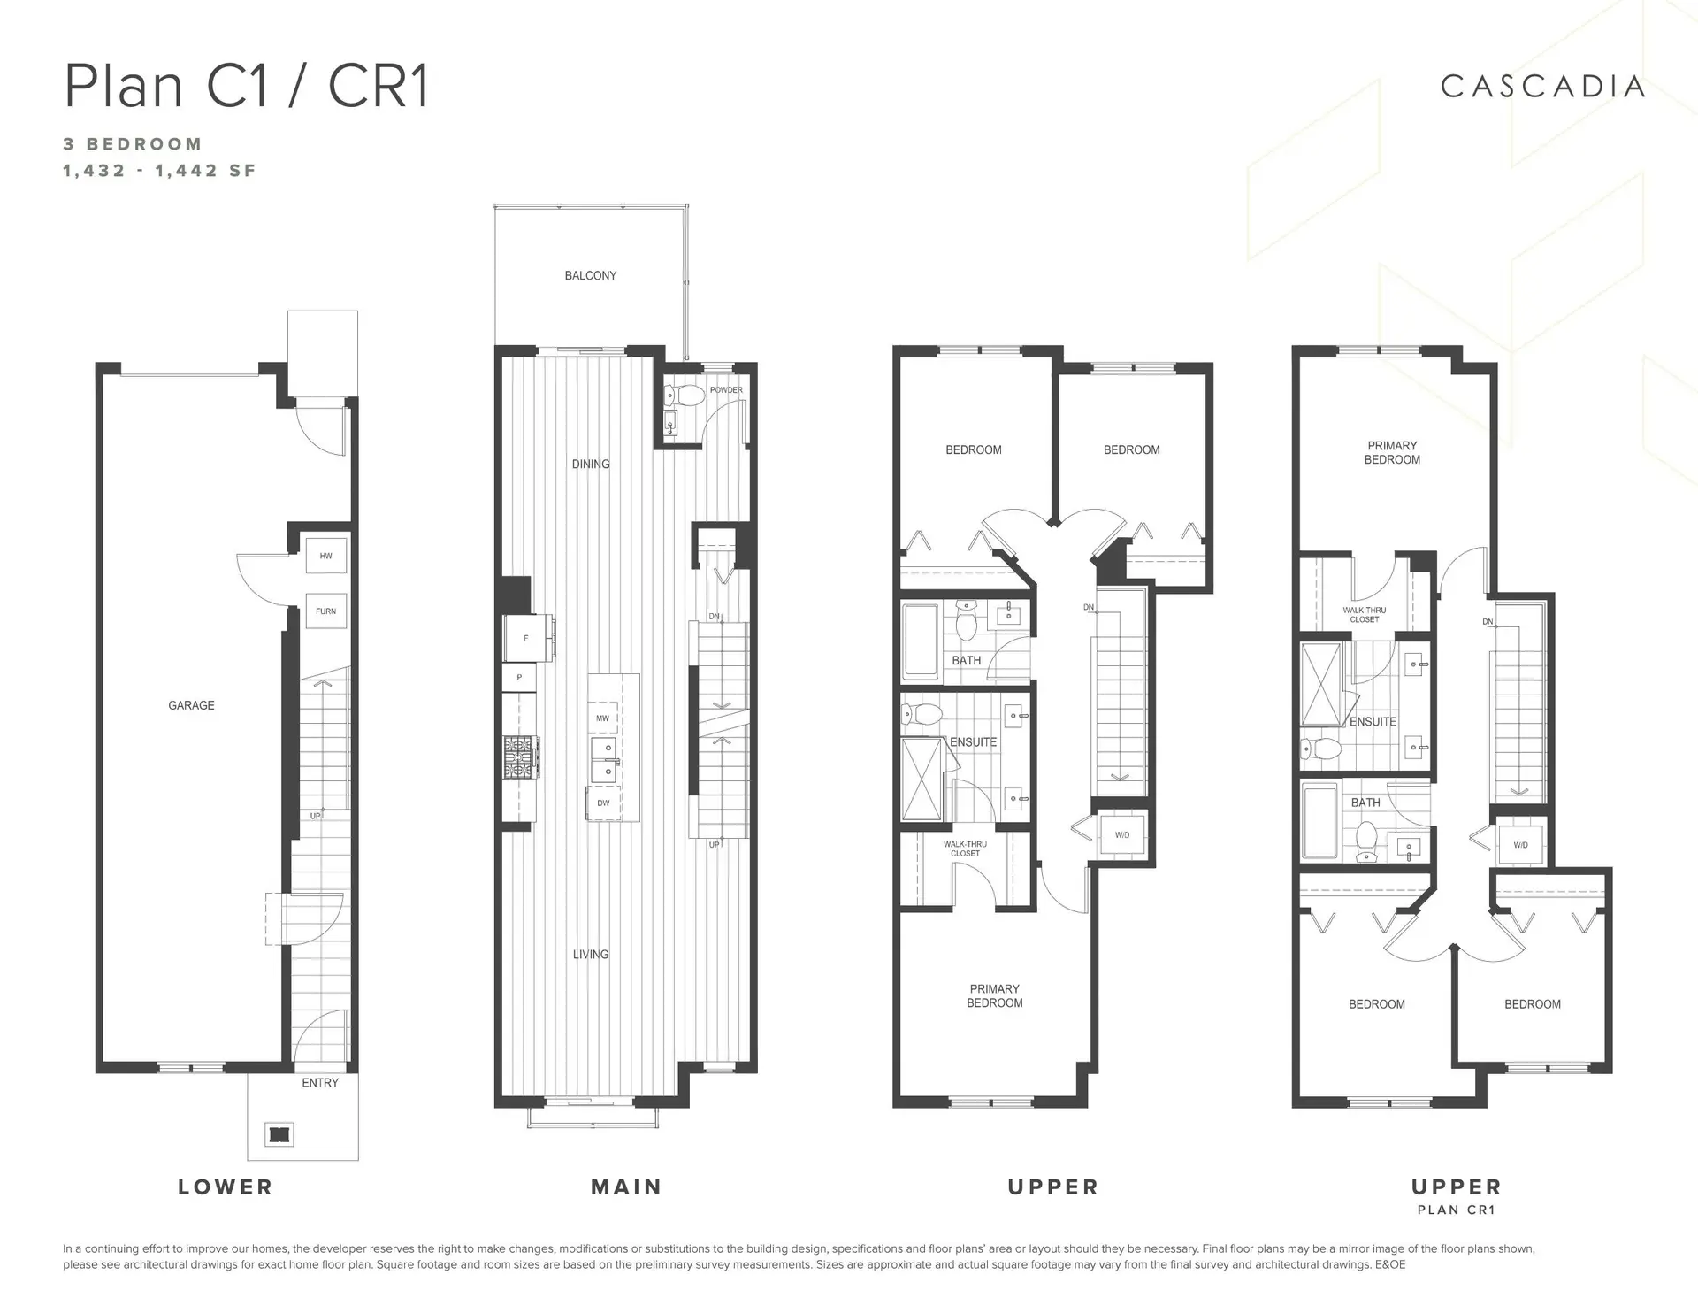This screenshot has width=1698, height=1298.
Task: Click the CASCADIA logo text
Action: (x=1542, y=87)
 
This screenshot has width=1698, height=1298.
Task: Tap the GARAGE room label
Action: (x=191, y=705)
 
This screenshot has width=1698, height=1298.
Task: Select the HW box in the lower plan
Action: (x=325, y=557)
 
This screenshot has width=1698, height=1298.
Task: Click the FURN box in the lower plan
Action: (x=325, y=611)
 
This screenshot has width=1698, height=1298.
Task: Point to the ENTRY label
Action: (x=319, y=1082)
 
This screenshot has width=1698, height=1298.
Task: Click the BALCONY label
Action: (x=590, y=275)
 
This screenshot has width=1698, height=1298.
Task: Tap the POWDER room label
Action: (x=725, y=390)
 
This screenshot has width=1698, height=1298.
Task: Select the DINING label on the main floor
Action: (x=590, y=464)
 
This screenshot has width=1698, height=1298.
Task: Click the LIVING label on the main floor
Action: (x=590, y=954)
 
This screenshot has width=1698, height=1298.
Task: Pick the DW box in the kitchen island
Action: (x=603, y=803)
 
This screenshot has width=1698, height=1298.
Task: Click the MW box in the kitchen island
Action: (x=602, y=718)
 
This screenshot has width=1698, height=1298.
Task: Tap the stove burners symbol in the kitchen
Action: (x=521, y=757)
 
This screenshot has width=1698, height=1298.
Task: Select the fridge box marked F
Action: (x=526, y=638)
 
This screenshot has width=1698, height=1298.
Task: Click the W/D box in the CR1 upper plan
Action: (x=1520, y=845)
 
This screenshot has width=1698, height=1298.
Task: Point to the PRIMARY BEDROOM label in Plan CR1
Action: (x=1392, y=452)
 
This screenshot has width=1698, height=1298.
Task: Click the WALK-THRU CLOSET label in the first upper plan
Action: (x=965, y=849)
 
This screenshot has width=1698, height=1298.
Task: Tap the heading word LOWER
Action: (x=226, y=1187)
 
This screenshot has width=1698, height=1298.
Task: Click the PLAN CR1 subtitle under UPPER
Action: (x=1456, y=1210)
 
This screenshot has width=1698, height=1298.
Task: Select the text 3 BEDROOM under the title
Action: (x=133, y=144)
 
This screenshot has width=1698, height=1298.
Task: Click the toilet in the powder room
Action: (x=688, y=395)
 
